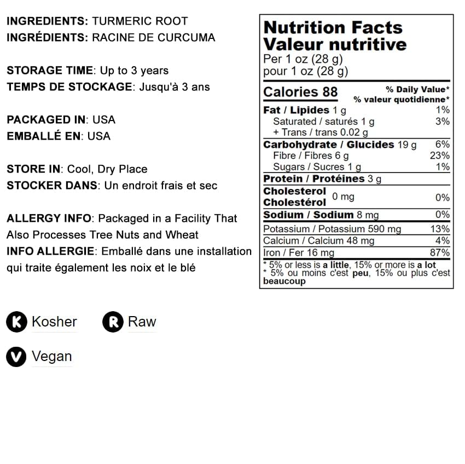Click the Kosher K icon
coord(17,322)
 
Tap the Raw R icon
coord(113,322)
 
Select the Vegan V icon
coord(17,357)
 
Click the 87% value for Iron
coord(440,253)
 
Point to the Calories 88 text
coord(300,92)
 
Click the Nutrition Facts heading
coord(333,27)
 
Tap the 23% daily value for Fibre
coord(440,156)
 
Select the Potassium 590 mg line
coord(332,229)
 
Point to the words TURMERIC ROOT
coord(140,21)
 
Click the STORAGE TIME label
coord(50,71)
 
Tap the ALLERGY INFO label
coord(49,219)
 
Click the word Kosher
coord(54,322)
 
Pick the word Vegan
coord(51,357)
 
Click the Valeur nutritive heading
coord(335,44)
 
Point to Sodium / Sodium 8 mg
coord(321,215)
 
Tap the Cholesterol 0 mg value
coord(343,197)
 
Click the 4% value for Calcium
coord(443,240)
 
